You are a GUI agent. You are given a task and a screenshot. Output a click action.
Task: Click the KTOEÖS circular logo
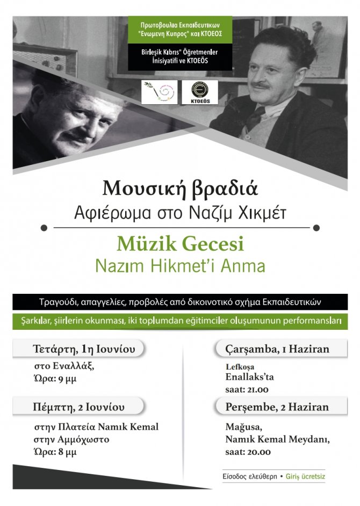click(199, 92)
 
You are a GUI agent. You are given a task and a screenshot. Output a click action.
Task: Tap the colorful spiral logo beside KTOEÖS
click(159, 92)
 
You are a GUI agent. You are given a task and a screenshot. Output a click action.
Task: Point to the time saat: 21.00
click(247, 389)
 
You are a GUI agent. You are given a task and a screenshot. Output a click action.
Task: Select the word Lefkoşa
click(237, 367)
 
